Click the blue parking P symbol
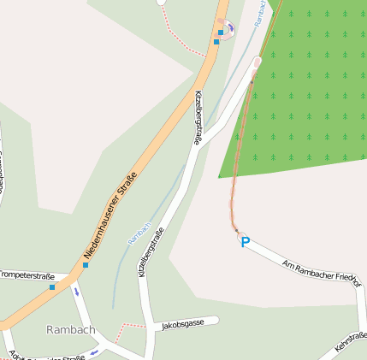tap(245, 243)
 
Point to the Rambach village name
tap(70, 330)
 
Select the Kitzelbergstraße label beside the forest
tap(198, 117)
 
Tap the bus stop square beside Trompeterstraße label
tap(52, 286)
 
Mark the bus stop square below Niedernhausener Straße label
tap(85, 265)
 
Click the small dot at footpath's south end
tap(234, 229)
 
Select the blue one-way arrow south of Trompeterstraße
tap(77, 292)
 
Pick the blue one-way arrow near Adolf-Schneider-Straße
tap(93, 350)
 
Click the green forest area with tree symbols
tap(308, 86)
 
